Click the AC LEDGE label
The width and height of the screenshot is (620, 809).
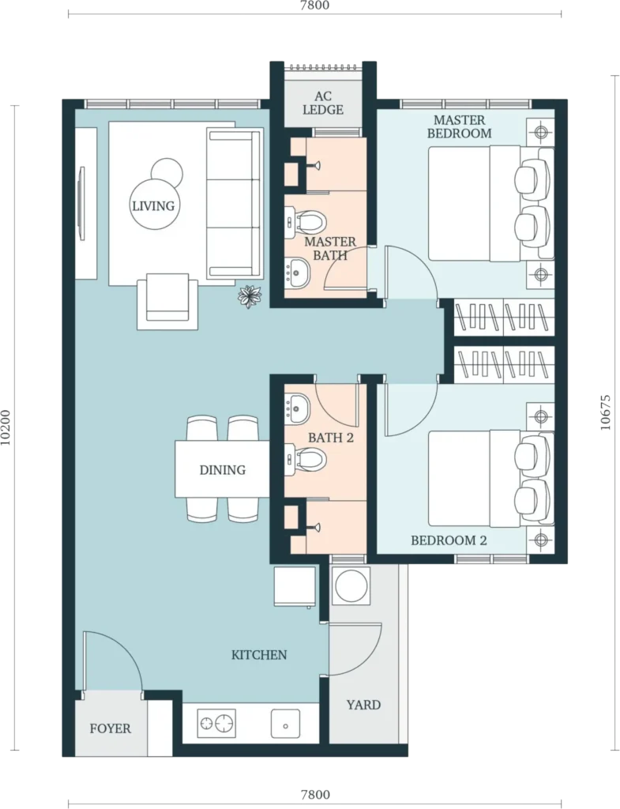tap(323, 103)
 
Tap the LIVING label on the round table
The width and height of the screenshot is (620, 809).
tap(153, 206)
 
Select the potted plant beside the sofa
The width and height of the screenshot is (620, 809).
tap(250, 297)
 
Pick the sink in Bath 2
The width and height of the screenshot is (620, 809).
tap(297, 406)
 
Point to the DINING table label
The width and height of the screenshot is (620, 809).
tap(222, 469)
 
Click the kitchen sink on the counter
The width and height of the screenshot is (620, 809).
tap(285, 724)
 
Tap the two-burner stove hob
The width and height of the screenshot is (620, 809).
tap(216, 723)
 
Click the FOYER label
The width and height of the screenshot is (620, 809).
tap(111, 728)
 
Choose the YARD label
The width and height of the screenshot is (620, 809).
tap(363, 705)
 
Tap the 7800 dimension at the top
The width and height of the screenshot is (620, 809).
tap(314, 6)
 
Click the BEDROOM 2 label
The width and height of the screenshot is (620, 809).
tap(449, 540)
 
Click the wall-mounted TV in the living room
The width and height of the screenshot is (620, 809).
tap(82, 203)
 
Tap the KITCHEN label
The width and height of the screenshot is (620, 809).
tap(259, 655)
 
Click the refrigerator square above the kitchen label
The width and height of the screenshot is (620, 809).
tap(295, 587)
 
